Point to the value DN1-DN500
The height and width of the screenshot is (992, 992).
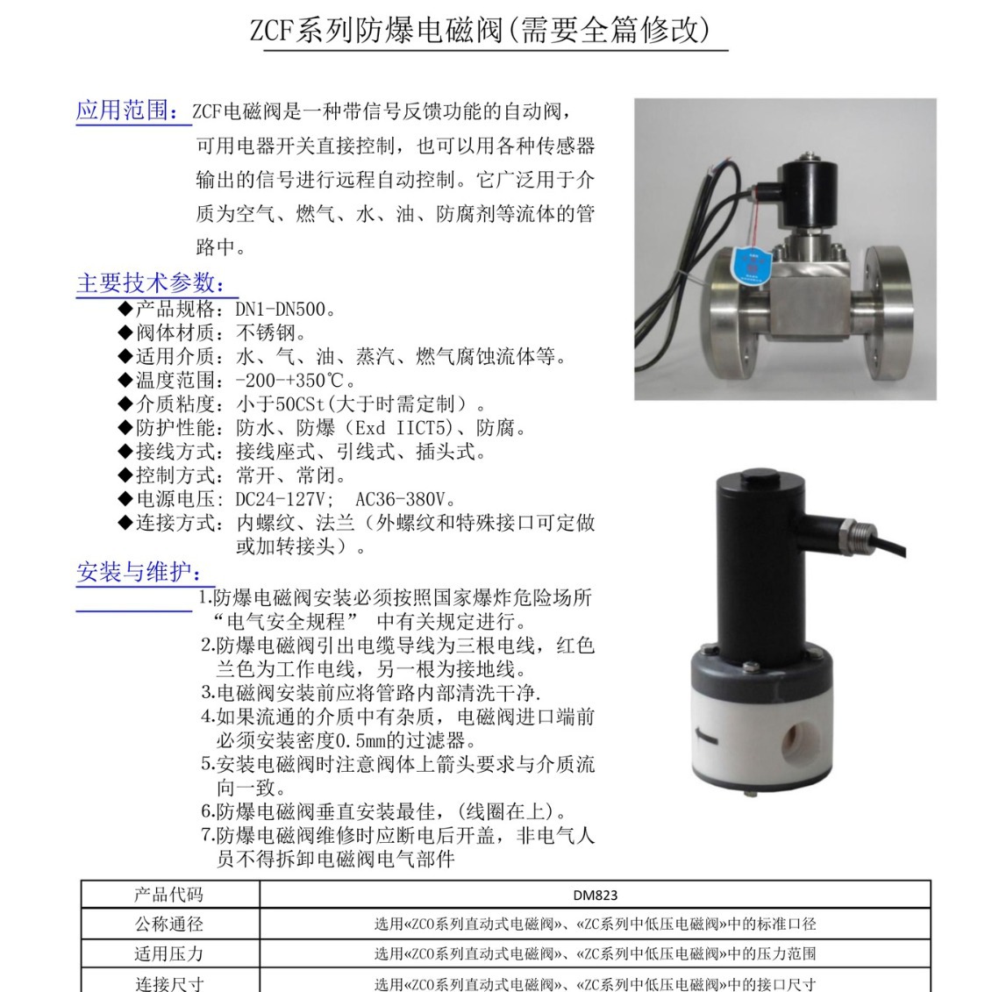pos(285,310)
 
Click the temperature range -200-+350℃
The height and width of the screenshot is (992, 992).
pos(295,381)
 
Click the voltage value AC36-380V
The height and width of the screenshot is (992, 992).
pos(405,499)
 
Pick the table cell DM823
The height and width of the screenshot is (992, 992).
pos(595,895)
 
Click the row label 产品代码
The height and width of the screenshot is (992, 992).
pos(168,895)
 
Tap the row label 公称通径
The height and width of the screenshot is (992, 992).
pos(168,924)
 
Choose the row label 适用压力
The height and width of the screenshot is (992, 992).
pos(168,953)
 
